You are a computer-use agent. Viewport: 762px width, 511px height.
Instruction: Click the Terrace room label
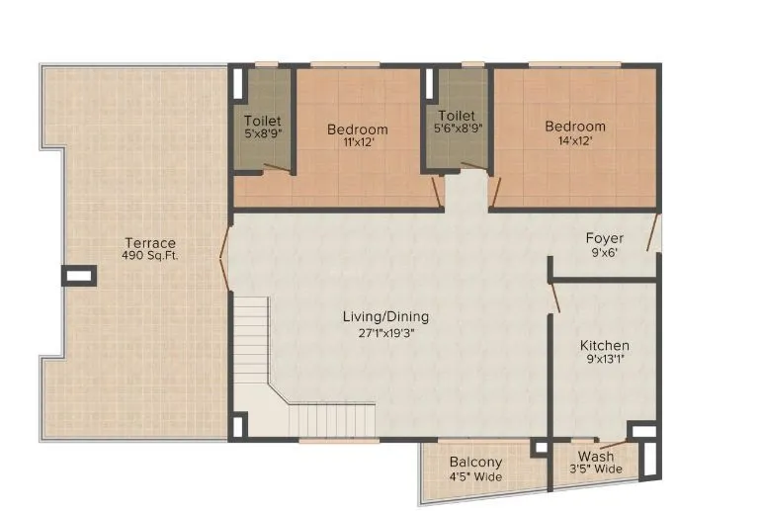[150, 242]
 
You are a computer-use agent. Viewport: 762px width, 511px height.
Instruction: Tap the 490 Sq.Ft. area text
[150, 256]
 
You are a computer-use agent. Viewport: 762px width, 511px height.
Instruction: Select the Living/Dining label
[385, 317]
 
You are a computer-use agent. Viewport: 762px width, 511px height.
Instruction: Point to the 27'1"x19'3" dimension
[385, 332]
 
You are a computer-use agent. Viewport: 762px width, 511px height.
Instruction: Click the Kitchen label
[604, 345]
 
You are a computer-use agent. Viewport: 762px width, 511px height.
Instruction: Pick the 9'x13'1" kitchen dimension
[604, 359]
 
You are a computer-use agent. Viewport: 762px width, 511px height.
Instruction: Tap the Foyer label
[604, 238]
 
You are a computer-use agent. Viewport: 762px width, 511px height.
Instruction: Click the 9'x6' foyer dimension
[604, 252]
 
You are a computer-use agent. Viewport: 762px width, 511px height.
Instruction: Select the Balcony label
[475, 463]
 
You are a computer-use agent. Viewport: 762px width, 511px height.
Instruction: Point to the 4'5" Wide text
[475, 477]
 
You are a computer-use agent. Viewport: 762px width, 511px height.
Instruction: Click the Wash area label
[596, 457]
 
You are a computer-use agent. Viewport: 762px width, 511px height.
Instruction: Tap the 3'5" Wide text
[596, 469]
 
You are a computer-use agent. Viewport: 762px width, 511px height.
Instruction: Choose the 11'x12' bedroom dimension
[357, 142]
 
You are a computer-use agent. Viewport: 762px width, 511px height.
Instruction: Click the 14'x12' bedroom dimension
[575, 140]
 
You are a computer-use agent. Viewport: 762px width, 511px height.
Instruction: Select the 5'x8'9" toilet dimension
[262, 135]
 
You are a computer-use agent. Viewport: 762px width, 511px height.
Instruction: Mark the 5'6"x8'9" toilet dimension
[457, 129]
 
